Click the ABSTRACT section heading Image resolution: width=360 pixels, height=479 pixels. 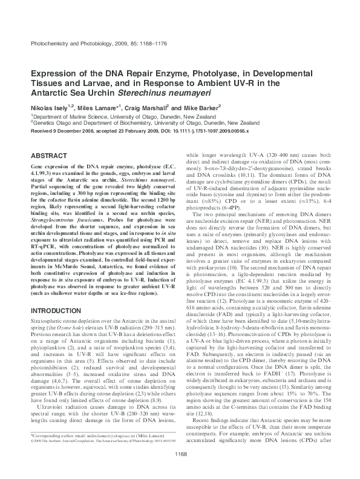48,155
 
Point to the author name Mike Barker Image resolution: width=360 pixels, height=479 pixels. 185,107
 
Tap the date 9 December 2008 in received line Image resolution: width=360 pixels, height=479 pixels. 74,130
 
